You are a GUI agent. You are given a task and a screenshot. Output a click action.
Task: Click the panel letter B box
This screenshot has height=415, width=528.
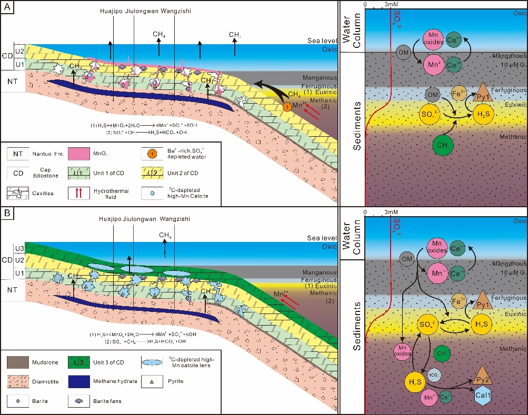tap(7, 214)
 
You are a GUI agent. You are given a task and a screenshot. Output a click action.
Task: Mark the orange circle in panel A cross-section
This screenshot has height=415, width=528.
tap(287, 107)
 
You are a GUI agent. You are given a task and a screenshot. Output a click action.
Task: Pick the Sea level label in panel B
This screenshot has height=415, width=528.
tap(321, 238)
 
